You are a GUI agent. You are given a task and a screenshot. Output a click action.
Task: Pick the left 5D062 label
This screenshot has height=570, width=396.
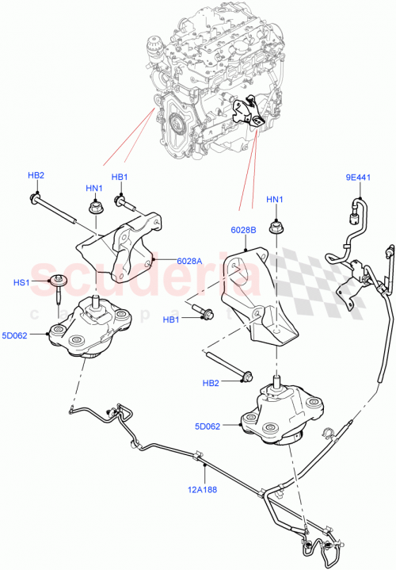pos(36,335)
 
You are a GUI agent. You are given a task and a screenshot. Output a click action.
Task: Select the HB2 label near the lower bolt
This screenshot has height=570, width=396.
pos(211,383)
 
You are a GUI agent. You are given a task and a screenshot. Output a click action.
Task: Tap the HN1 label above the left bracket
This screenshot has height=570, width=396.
pos(94,188)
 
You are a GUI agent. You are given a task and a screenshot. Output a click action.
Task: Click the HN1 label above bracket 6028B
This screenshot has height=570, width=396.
pos(275,199)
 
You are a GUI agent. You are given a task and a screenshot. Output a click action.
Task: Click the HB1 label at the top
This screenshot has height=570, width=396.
pos(119,177)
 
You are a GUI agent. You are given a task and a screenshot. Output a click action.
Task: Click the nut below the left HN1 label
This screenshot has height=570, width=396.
pos(93,208)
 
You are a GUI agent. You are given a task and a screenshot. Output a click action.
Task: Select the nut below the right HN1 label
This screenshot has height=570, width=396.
pos(275,228)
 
